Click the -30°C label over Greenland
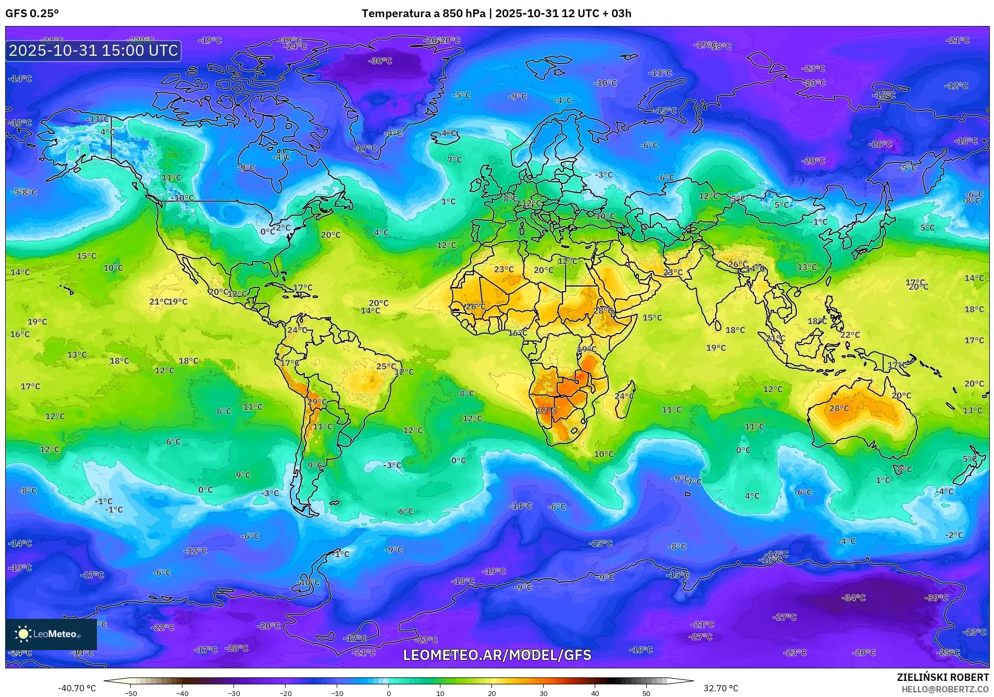(380, 61)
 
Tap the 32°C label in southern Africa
(547, 410)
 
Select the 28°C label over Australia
(839, 408)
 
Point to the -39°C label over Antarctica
(936, 598)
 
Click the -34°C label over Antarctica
(853, 598)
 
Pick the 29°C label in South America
(317, 402)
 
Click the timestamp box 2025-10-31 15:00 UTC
(93, 51)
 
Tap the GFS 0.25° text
(32, 14)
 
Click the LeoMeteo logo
(51, 634)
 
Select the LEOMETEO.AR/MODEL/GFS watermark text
(497, 655)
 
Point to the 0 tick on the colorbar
(389, 693)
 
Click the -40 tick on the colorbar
(182, 693)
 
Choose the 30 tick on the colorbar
(544, 693)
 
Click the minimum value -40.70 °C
(77, 688)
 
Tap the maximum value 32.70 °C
(720, 688)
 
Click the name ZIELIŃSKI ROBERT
(942, 677)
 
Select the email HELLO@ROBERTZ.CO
(945, 689)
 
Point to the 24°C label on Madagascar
(624, 396)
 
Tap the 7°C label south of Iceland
(454, 160)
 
